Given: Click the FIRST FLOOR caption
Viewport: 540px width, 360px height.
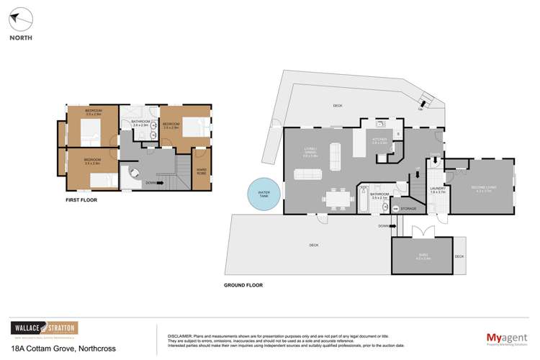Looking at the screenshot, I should click(81, 199).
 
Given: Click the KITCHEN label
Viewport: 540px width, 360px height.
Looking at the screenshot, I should click(379, 140).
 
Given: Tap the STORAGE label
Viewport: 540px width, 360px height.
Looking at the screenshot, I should click(408, 209).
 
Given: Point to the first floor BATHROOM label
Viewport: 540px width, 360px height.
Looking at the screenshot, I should click(140, 122).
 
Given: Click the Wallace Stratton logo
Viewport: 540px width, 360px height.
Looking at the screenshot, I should click(44, 328).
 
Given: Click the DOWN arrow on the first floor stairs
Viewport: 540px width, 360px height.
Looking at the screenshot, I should click(153, 183).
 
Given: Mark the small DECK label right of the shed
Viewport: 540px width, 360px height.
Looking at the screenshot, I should click(459, 256).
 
